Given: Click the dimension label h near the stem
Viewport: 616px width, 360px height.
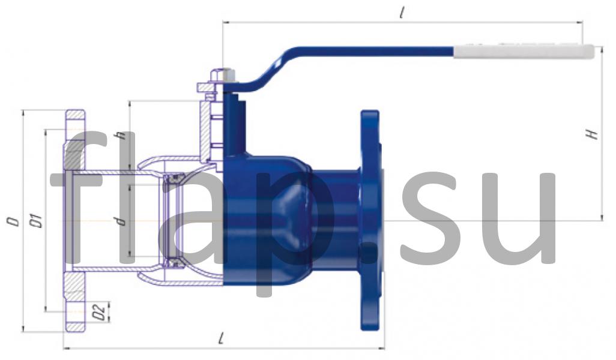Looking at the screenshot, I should (x=122, y=135).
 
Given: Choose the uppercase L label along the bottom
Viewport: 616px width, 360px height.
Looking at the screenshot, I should (x=222, y=340).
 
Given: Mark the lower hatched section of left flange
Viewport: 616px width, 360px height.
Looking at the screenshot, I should (x=76, y=300).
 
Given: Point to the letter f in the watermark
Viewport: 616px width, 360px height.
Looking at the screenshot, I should (x=75, y=198).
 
